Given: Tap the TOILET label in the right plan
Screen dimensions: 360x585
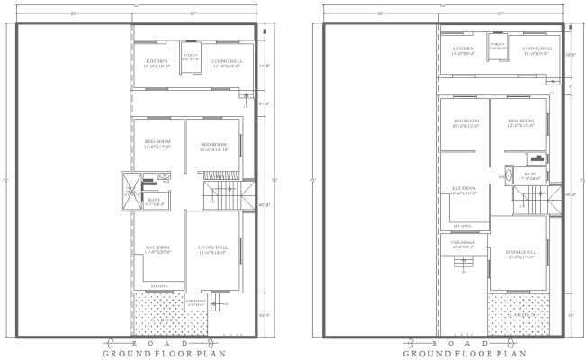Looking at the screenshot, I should pyautogui.click(x=498, y=45).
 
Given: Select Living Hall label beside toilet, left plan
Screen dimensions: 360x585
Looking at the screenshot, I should pyautogui.click(x=227, y=63).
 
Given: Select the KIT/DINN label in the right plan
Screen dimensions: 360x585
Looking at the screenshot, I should pyautogui.click(x=464, y=191).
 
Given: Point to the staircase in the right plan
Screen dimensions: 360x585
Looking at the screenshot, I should pyautogui.click(x=535, y=203).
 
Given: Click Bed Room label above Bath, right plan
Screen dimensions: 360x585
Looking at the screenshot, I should pyautogui.click(x=522, y=123).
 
